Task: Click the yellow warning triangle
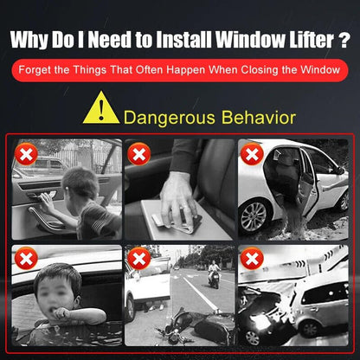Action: click(x=101, y=109)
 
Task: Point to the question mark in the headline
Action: click(x=344, y=39)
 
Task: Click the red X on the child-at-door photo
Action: click(x=26, y=154)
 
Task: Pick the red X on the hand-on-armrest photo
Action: click(x=139, y=154)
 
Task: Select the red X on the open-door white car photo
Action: click(x=252, y=154)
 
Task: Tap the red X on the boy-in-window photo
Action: click(x=26, y=259)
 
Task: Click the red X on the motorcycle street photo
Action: click(x=139, y=259)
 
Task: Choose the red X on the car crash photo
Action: click(x=252, y=259)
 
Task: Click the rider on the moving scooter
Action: click(x=214, y=270)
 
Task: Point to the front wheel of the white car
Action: click(x=254, y=216)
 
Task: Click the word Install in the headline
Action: click(x=183, y=39)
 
